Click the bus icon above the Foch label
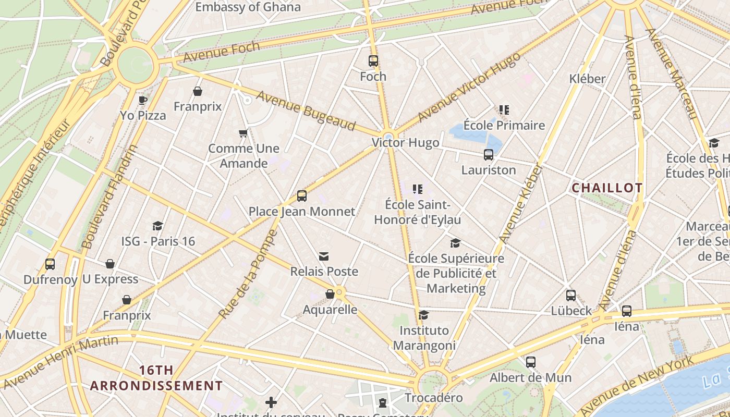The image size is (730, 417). [x=373, y=61]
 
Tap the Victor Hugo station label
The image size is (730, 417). [x=405, y=143]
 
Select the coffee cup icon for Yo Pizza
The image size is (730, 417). [x=143, y=100]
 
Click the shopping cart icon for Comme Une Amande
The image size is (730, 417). [x=243, y=133]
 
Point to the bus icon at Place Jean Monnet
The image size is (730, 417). [x=301, y=196]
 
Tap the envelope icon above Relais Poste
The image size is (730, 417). [x=324, y=256]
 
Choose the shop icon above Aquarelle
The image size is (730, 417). [x=330, y=295]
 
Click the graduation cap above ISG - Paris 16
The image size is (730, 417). [x=157, y=226]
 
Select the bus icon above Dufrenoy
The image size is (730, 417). [x=50, y=264]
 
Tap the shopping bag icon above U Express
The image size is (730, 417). [x=110, y=264]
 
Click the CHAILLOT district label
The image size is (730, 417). [x=607, y=188]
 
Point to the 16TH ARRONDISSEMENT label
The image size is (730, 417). [x=156, y=378]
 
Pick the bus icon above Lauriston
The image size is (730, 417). [x=488, y=155]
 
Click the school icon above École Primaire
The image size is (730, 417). [x=504, y=110]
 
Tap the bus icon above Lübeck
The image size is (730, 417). [x=571, y=296]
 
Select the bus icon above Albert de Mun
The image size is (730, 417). [x=531, y=362]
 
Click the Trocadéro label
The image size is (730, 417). [x=434, y=398]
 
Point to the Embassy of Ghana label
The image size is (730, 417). [x=248, y=7]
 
